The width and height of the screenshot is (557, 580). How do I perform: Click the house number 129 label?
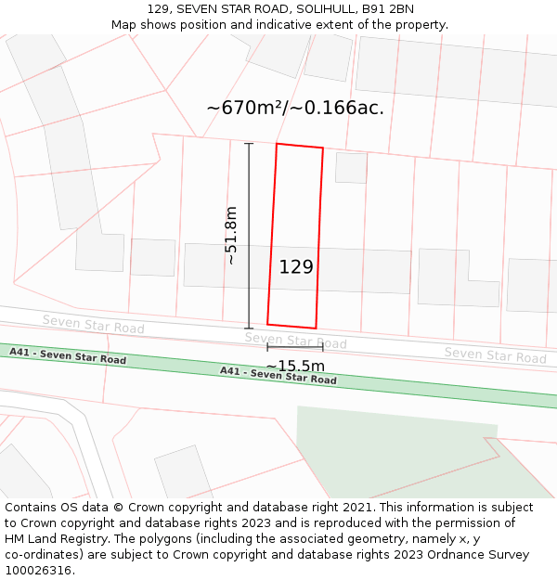coord(296,267)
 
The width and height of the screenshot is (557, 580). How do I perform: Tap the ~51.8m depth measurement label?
coord(232,236)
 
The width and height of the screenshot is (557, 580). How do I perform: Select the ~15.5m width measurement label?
coord(295,366)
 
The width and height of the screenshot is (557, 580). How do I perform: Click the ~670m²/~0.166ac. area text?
coord(295,108)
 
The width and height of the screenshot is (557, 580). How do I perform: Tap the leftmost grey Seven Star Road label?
coord(93,324)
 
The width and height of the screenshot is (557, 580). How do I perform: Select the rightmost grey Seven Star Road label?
coord(495,354)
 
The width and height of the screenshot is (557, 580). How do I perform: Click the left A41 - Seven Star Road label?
coord(68,355)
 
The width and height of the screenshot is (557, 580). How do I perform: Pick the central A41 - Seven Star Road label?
coord(278,375)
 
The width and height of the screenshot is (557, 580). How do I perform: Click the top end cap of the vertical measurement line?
coord(249,144)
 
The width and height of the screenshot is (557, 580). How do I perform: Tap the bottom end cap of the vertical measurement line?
coord(249,328)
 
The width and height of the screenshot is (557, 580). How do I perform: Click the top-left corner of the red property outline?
coord(277,144)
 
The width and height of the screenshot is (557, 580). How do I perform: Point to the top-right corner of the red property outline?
coord(323,148)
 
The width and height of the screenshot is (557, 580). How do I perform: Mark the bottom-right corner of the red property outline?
coord(316,328)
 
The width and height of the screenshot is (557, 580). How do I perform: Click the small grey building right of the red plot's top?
coord(351,167)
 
